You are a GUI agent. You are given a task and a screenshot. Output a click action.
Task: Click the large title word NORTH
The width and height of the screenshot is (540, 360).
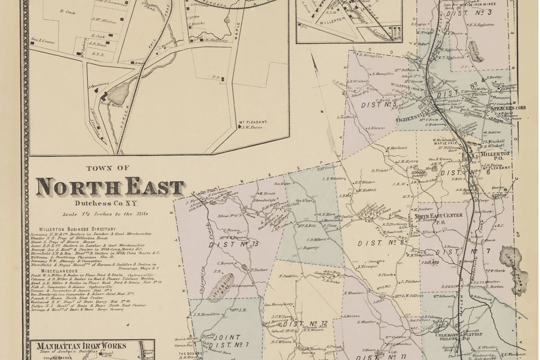tap(78, 187)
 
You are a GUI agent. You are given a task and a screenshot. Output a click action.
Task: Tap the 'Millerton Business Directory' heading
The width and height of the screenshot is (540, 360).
tap(77, 229)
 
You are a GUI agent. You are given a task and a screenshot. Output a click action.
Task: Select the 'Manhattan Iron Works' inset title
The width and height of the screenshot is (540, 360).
tap(81, 346)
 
